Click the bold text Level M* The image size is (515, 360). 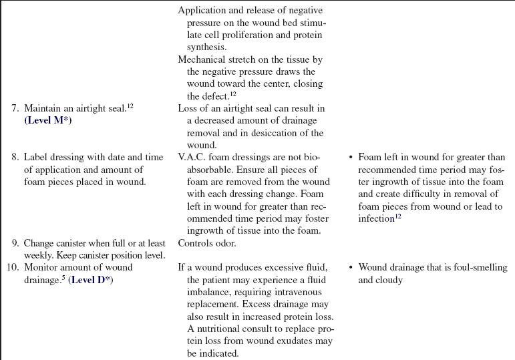click(48, 120)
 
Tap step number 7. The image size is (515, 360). click(15, 108)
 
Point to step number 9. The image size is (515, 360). click(15, 243)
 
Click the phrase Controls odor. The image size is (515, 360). click(207, 243)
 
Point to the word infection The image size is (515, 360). click(376, 219)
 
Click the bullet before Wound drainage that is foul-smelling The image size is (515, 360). click(350, 267)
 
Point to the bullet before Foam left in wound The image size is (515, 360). click(350, 157)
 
